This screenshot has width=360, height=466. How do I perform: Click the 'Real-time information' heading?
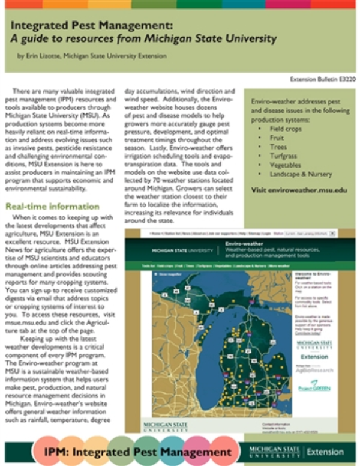point(53,207)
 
